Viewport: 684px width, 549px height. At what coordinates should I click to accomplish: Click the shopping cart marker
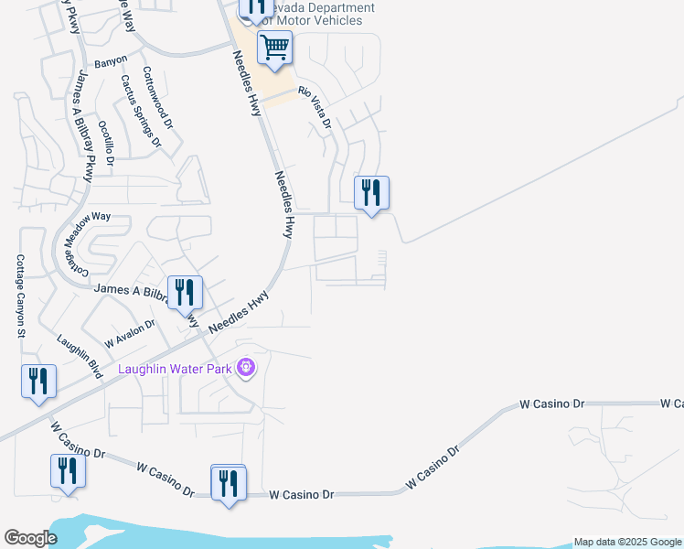tap(274, 48)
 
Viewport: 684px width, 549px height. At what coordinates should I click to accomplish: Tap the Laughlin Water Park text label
tap(176, 369)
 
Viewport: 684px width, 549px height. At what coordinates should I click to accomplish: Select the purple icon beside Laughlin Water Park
tap(245, 369)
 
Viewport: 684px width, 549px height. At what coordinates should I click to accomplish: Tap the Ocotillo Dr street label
tap(106, 142)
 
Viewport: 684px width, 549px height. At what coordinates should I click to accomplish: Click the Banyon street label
tap(111, 63)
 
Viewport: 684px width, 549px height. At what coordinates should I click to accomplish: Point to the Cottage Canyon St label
tap(20, 296)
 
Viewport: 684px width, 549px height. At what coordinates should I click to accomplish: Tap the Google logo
tap(30, 538)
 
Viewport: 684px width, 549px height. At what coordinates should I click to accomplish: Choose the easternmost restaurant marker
tap(371, 193)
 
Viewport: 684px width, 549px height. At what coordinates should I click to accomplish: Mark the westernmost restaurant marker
tap(38, 382)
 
